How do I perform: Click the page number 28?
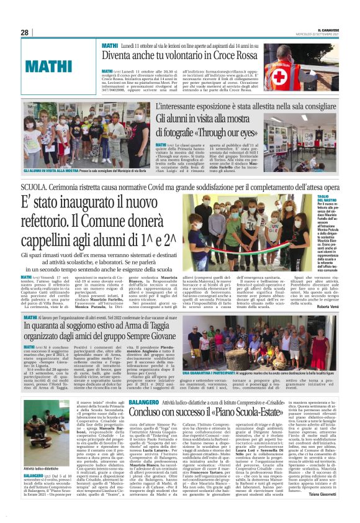(x=24, y=32)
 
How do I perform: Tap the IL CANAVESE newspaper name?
(x=331, y=29)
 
